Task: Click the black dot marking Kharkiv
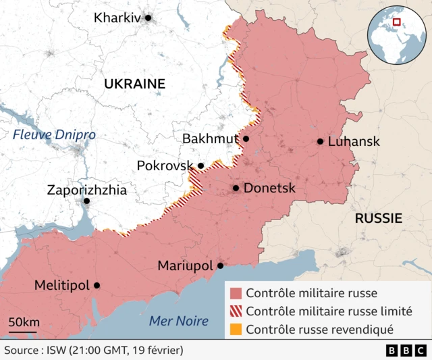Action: [148, 18]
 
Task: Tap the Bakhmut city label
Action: [210, 138]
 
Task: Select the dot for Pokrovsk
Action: [200, 165]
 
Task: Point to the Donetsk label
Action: [269, 188]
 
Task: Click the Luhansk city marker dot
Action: [320, 141]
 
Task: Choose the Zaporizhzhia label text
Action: [86, 190]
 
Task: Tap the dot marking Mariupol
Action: [220, 265]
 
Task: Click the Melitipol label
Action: [61, 286]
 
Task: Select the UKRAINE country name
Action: [134, 84]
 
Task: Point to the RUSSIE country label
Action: [378, 218]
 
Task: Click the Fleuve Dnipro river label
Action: [54, 134]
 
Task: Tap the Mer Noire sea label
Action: [178, 321]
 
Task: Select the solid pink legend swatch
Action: [236, 293]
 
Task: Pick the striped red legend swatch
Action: [236, 311]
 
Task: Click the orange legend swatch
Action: [236, 330]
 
